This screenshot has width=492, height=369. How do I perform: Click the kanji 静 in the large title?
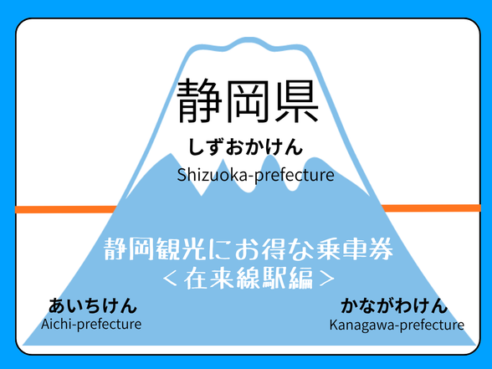point(199,101)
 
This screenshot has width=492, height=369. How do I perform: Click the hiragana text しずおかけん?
point(245,147)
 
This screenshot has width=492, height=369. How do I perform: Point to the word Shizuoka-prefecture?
point(255,175)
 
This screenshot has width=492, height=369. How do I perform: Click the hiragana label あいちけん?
point(93,305)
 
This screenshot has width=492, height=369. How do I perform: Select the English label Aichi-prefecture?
point(91,324)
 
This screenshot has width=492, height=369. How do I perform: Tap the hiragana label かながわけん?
point(394,305)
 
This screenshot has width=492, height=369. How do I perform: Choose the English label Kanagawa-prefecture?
point(397,325)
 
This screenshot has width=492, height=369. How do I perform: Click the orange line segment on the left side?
point(66,209)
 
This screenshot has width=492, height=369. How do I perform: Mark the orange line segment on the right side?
point(430,208)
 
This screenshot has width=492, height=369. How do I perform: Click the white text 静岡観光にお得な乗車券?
point(249,249)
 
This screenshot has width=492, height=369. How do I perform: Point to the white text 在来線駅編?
point(249,278)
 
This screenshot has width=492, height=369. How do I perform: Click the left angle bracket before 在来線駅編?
point(171,278)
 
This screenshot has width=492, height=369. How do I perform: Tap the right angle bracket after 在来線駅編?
point(326,278)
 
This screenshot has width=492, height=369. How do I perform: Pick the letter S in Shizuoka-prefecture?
point(182,175)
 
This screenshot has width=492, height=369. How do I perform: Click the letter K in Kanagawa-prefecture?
point(334,325)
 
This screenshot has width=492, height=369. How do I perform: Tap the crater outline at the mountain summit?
point(248,44)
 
